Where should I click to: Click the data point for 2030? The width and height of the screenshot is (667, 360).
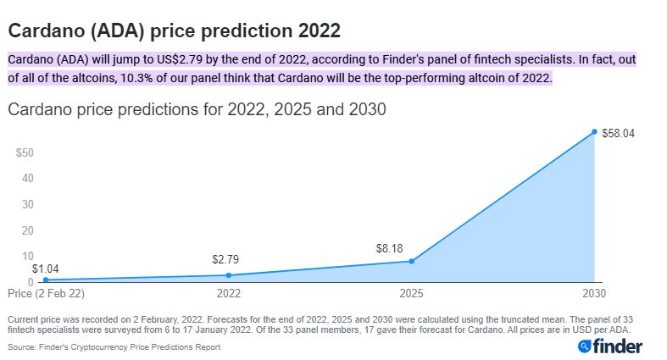tap(594, 132)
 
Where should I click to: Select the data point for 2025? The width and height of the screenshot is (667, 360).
tap(411, 261)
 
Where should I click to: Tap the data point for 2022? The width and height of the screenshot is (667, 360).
tap(229, 275)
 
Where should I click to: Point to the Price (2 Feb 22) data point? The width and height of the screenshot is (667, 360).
tap(46, 280)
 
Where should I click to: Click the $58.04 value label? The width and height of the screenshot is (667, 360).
tap(618, 134)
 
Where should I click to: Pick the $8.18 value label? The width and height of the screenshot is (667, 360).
tap(389, 248)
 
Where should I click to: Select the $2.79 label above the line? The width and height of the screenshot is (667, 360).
tap(225, 259)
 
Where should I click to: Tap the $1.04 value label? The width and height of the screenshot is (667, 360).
tap(46, 269)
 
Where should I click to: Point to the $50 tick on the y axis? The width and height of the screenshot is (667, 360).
tap(25, 152)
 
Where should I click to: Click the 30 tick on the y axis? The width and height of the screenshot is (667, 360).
tap(28, 204)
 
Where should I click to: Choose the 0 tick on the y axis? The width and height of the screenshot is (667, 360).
tap(31, 282)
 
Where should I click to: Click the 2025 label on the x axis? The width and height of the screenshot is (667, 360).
tap(411, 293)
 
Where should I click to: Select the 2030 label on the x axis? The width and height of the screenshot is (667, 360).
tap(594, 293)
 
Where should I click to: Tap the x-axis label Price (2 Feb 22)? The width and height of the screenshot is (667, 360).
tap(46, 293)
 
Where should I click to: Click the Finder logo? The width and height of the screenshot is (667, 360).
tap(610, 346)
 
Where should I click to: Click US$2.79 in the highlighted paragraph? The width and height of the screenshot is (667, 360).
tap(179, 59)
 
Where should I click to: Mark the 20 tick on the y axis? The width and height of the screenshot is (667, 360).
tap(28, 230)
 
